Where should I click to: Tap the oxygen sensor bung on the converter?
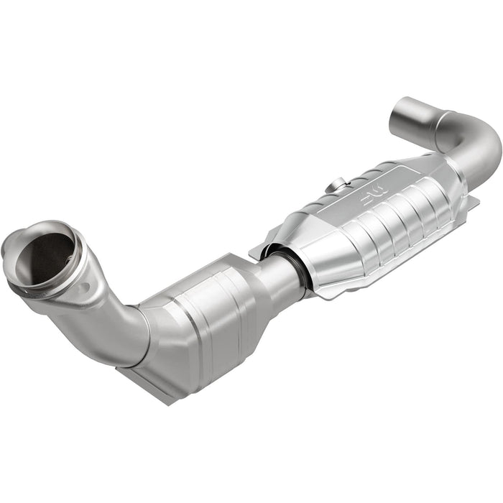tap(331, 188)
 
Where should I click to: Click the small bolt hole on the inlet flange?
tap(85, 287)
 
